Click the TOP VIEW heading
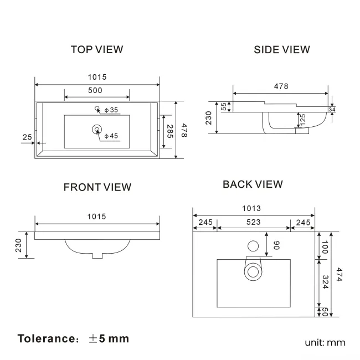pos(97,50)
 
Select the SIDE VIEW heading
pos(282,50)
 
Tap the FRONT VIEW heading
pos(97,187)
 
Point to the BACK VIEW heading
pos(253,184)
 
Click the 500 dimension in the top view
pos(95,91)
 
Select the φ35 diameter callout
pos(111,110)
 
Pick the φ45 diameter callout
pos(111,136)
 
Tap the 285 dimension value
pos(170,132)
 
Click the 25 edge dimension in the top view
pos(27,136)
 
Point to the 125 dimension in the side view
pos(302,119)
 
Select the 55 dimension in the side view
pos(224,107)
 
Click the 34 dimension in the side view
pos(332,110)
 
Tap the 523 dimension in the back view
pos(253,222)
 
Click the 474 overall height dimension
pos(339,274)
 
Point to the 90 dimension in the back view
pos(275,244)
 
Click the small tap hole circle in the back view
pos(253,245)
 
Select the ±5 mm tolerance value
pos(109,338)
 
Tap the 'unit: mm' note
pos(325,342)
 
